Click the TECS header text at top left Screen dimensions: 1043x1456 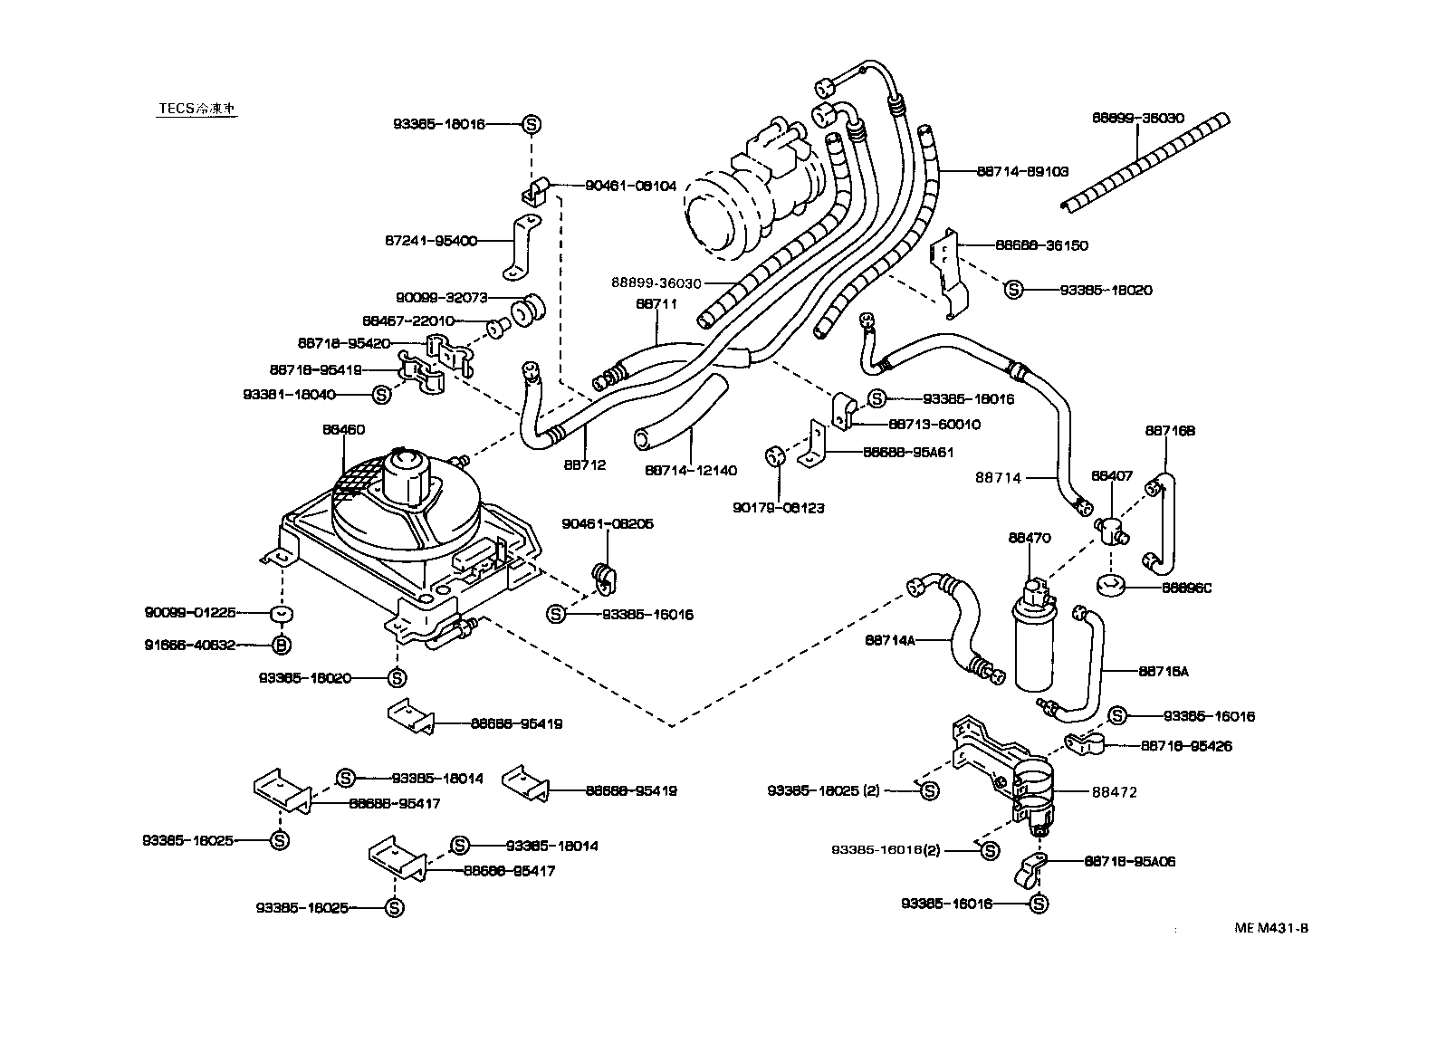(x=197, y=108)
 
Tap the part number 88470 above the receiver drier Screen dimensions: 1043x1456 (x=1030, y=537)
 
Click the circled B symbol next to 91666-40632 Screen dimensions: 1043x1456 (x=283, y=645)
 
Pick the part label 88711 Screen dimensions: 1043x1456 (x=656, y=305)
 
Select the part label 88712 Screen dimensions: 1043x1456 (x=584, y=465)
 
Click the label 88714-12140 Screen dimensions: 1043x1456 (x=691, y=470)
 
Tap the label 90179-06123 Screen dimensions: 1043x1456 (x=779, y=508)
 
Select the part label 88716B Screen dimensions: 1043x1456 (x=1170, y=431)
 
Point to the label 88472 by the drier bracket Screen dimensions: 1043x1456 (x=1115, y=792)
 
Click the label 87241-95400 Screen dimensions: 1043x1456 (x=430, y=241)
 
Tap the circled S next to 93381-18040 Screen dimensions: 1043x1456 (x=382, y=395)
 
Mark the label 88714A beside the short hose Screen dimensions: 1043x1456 (x=890, y=640)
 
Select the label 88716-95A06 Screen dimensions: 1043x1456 (x=1129, y=862)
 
